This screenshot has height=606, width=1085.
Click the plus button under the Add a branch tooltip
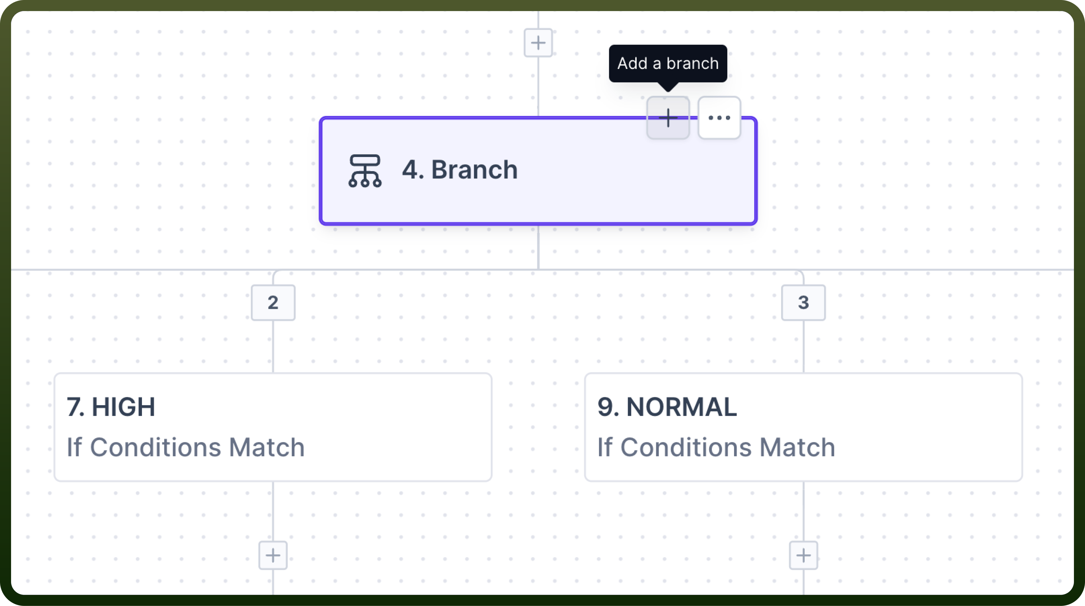[668, 118]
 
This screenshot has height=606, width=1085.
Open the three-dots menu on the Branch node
[719, 118]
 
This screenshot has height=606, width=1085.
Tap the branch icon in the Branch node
[365, 171]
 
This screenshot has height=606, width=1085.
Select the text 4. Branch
[459, 170]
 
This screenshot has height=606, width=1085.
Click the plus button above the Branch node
[538, 43]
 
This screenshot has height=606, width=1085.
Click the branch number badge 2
[273, 302]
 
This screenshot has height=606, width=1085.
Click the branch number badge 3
[803, 302]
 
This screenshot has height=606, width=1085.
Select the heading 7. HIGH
[111, 407]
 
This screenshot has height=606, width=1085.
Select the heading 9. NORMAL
[667, 407]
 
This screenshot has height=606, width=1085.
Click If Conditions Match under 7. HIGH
[186, 447]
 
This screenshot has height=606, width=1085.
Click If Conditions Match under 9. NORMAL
[716, 447]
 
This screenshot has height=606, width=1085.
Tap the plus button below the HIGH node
[273, 555]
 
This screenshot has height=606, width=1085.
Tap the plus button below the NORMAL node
[803, 555]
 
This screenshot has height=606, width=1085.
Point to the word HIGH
[123, 407]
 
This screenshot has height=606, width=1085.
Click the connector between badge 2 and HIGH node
[273, 346]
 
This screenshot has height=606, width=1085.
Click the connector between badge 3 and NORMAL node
[803, 346]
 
